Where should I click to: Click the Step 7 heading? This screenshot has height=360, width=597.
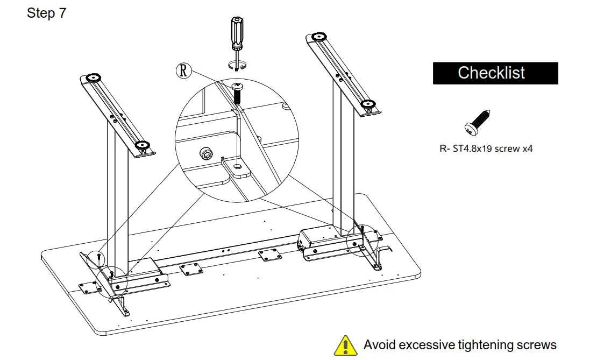click(x=47, y=13)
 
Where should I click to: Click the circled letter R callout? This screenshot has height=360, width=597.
click(x=184, y=70)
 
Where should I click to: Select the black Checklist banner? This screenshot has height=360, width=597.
click(x=495, y=73)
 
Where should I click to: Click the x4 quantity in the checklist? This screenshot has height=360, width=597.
click(x=528, y=149)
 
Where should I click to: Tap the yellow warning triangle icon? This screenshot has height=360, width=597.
click(x=345, y=345)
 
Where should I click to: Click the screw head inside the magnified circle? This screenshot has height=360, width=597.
click(x=237, y=86)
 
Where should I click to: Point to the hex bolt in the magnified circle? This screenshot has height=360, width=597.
click(x=205, y=153)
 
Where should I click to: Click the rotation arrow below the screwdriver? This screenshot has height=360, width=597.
click(x=237, y=66)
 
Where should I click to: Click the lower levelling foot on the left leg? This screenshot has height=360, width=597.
click(x=141, y=145)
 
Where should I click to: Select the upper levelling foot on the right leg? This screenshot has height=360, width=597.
click(x=318, y=37)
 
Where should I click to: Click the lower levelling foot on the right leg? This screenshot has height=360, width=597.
click(x=367, y=104)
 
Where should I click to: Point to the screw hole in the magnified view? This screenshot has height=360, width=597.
click(x=237, y=167)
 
